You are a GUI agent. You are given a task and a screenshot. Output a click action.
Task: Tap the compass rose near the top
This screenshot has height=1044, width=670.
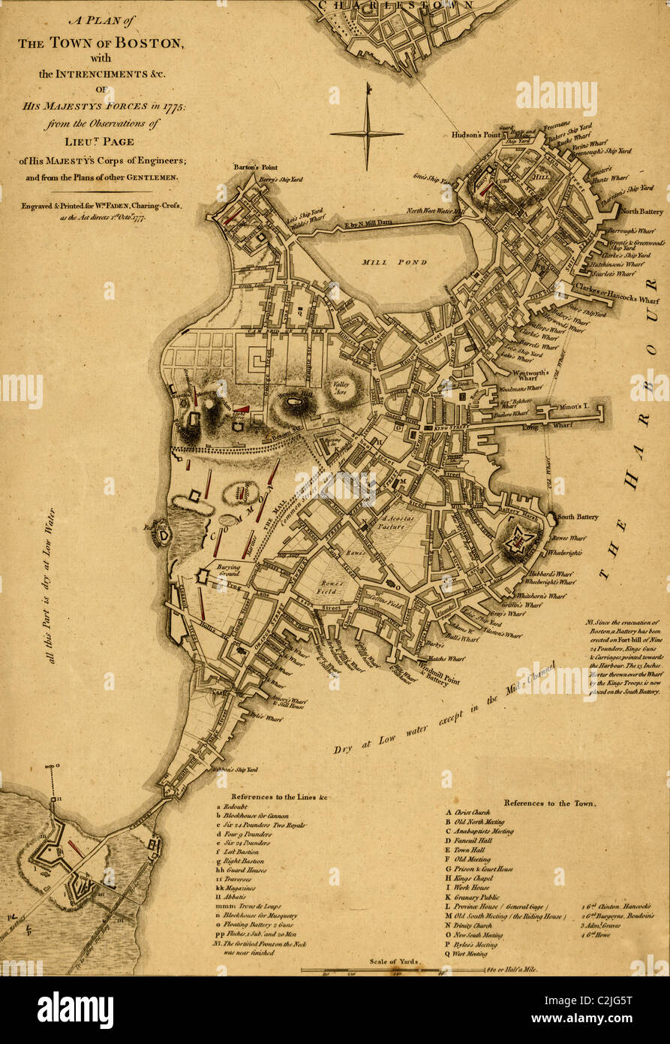[367, 133]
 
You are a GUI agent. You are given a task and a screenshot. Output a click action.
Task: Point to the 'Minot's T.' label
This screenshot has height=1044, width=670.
[574, 406]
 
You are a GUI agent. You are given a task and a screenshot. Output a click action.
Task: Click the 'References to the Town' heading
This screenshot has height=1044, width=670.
[550, 803]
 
